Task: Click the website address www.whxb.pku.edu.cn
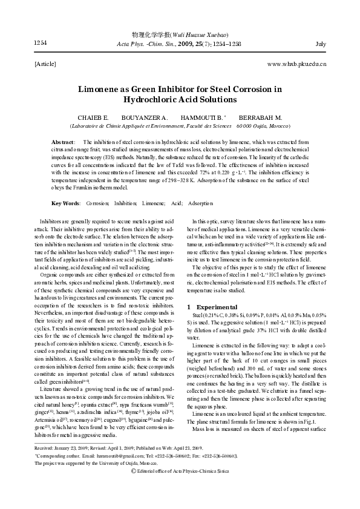[x=296, y=63]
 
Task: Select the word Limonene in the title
[x=102, y=88]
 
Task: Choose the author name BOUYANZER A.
[x=143, y=117]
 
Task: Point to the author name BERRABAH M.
[x=260, y=117]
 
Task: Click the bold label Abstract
[x=64, y=141]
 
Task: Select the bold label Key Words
[x=66, y=203]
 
